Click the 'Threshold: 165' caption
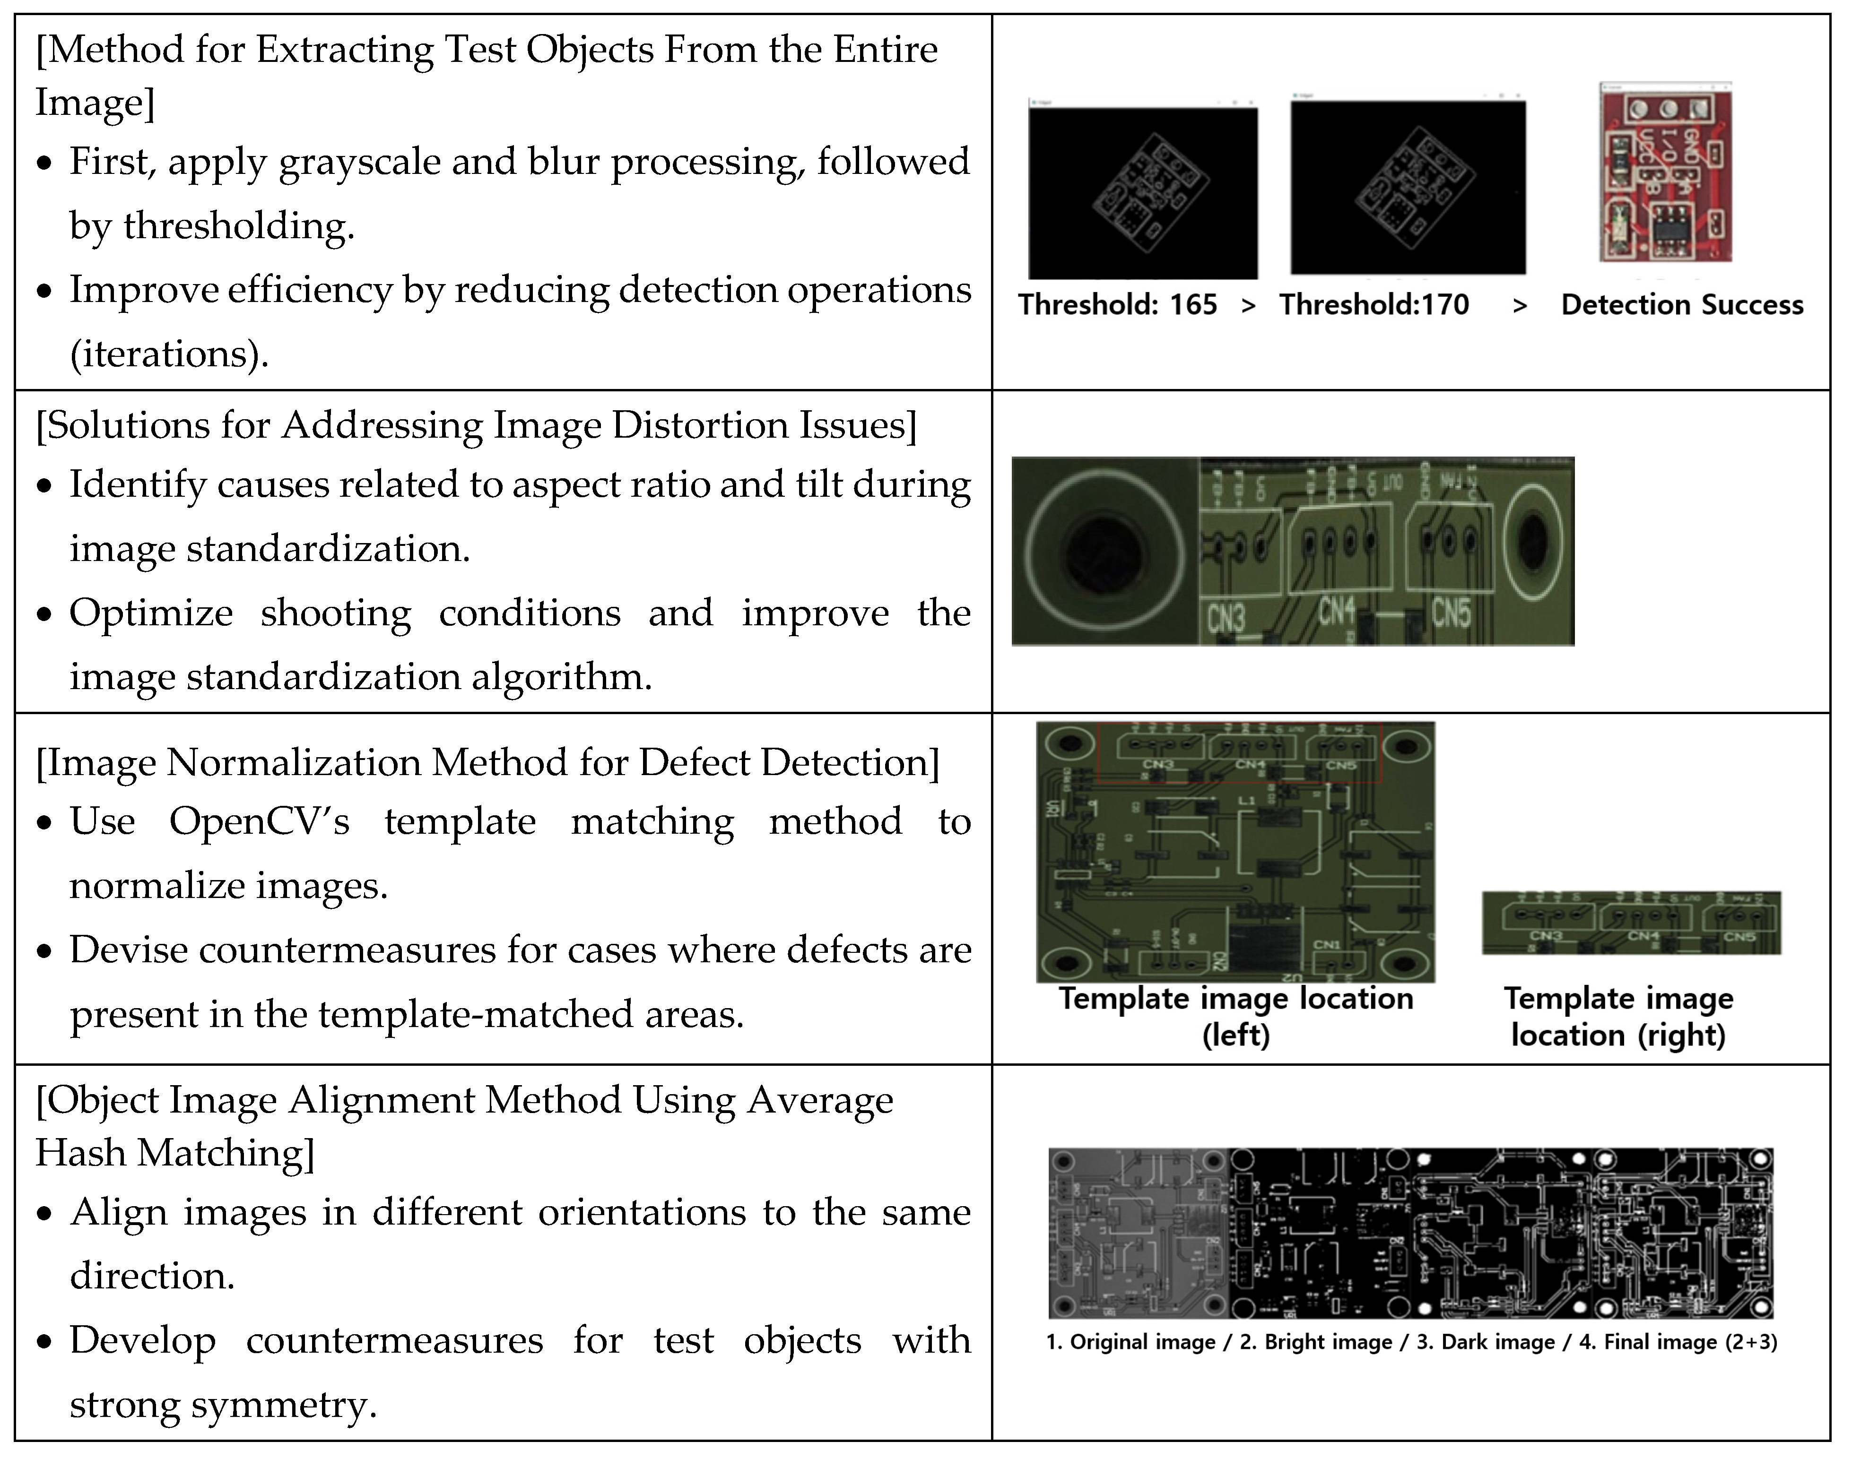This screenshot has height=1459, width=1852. point(1117,305)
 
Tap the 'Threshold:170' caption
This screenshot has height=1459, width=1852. point(1374,305)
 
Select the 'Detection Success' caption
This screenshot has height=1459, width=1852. point(1681,305)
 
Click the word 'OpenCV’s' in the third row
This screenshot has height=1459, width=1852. point(259,822)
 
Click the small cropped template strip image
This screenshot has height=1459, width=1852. point(1631,923)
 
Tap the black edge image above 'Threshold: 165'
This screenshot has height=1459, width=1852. point(1143,192)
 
